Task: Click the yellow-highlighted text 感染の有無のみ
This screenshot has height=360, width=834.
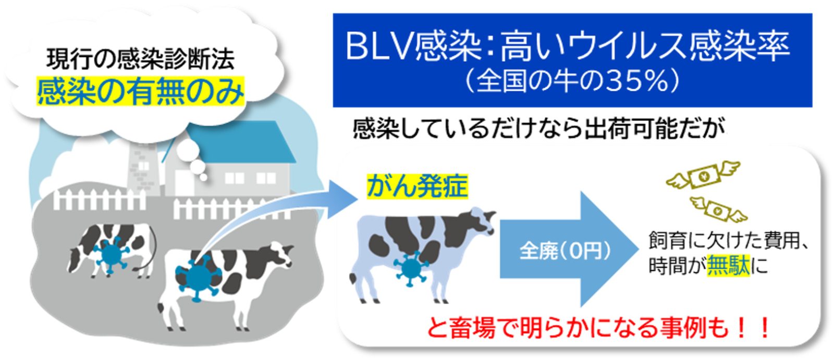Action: (x=141, y=91)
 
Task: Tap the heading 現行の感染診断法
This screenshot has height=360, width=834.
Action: (x=141, y=59)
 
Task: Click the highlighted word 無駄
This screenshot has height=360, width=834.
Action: (x=728, y=265)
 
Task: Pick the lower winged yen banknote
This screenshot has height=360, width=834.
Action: (x=718, y=209)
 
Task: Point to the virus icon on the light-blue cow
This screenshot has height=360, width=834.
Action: (x=410, y=268)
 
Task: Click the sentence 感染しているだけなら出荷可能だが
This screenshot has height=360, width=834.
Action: (x=538, y=129)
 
